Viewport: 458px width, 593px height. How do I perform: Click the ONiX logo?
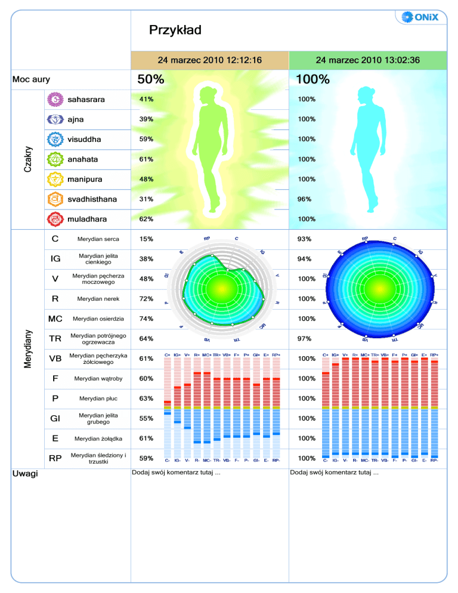click(x=420, y=17)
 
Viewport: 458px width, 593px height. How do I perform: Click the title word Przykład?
click(x=175, y=30)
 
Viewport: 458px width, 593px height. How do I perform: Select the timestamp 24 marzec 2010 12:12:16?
click(x=209, y=60)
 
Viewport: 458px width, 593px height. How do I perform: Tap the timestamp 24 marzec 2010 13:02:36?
click(x=368, y=60)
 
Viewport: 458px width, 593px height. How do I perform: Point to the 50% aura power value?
click(x=150, y=79)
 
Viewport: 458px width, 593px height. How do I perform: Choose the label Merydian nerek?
click(x=98, y=299)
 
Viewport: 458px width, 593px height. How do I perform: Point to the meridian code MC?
click(x=55, y=319)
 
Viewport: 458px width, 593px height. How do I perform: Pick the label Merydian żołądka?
click(x=98, y=438)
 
